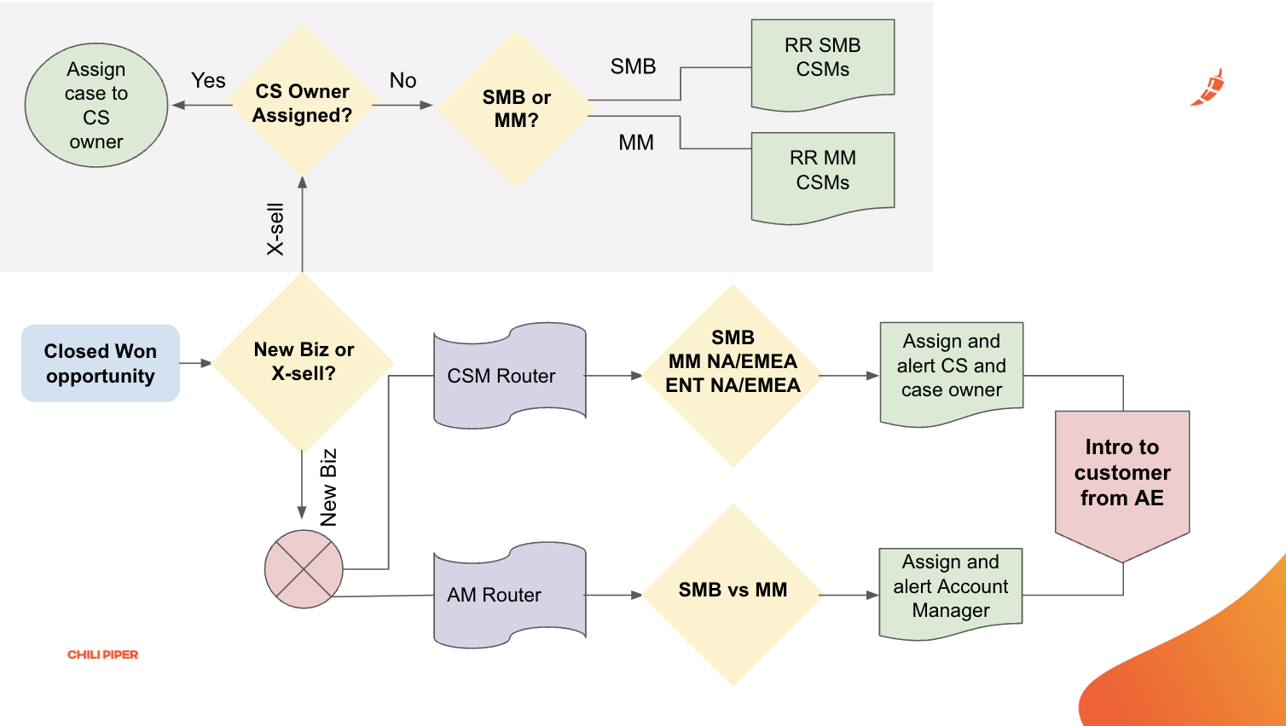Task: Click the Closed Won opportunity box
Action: (x=101, y=363)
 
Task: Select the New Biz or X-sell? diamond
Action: (x=303, y=362)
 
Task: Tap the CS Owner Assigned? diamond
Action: (x=302, y=103)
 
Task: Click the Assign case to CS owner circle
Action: (x=96, y=106)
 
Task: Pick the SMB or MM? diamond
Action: (x=516, y=109)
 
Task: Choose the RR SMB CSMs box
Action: (x=822, y=61)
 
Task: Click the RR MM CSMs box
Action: (x=822, y=173)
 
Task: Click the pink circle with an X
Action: (x=304, y=569)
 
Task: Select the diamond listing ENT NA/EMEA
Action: (x=733, y=375)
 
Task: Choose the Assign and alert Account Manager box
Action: (x=950, y=589)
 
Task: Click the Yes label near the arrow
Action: (x=208, y=81)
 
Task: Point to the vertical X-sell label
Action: (x=275, y=229)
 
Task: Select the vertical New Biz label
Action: (x=329, y=487)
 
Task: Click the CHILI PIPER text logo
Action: (x=102, y=654)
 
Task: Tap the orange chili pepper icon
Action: (x=1208, y=89)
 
